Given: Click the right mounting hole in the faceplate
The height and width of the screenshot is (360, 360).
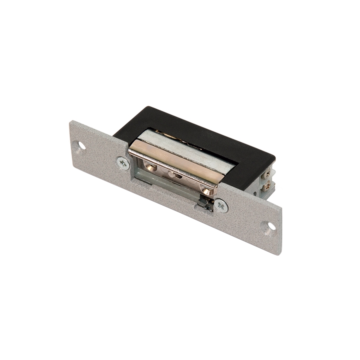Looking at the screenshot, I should [x=270, y=226].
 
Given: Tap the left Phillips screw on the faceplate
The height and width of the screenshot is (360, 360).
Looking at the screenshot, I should [x=123, y=163].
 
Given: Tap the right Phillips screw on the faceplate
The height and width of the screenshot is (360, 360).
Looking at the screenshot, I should [x=221, y=206].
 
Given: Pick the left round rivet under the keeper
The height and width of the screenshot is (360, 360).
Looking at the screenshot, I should [x=151, y=167].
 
